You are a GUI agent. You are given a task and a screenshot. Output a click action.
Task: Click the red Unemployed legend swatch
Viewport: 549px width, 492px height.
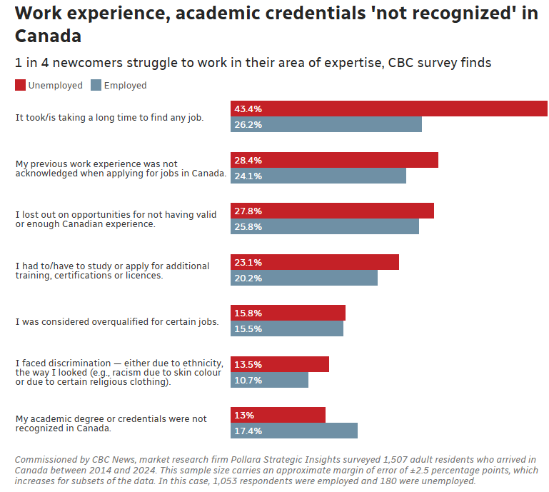coord(20,86)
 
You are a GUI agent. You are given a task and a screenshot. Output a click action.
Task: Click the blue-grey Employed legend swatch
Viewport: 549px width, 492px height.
coord(96,86)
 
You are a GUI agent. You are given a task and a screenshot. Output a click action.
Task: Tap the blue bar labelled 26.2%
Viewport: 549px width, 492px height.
coord(326,125)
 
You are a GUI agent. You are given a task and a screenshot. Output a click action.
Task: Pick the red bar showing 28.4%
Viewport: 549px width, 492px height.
coord(334,160)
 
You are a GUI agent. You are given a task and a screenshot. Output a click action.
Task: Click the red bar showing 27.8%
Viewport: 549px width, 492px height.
coord(332,211)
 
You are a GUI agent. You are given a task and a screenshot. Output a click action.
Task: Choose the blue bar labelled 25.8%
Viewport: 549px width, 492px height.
coord(325,227)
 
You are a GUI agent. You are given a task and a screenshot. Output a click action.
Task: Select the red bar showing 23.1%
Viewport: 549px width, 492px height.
coord(315,262)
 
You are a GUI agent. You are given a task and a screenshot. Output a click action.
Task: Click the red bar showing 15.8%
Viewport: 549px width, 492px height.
coord(288,313)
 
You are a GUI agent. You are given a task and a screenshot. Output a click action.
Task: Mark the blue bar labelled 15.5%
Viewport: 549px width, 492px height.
coord(287,329)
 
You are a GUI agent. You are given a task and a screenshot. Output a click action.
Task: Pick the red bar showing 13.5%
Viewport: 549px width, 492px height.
coord(280,364)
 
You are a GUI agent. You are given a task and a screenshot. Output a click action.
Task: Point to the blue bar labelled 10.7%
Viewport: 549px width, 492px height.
coord(269,380)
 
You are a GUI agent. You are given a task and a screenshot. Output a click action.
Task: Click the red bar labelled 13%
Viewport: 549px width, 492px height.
coord(278,415)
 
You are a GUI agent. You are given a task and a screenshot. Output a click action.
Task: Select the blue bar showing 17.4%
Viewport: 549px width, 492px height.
coord(294,431)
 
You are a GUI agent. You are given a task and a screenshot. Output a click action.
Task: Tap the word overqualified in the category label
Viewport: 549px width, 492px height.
coord(98,322)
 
